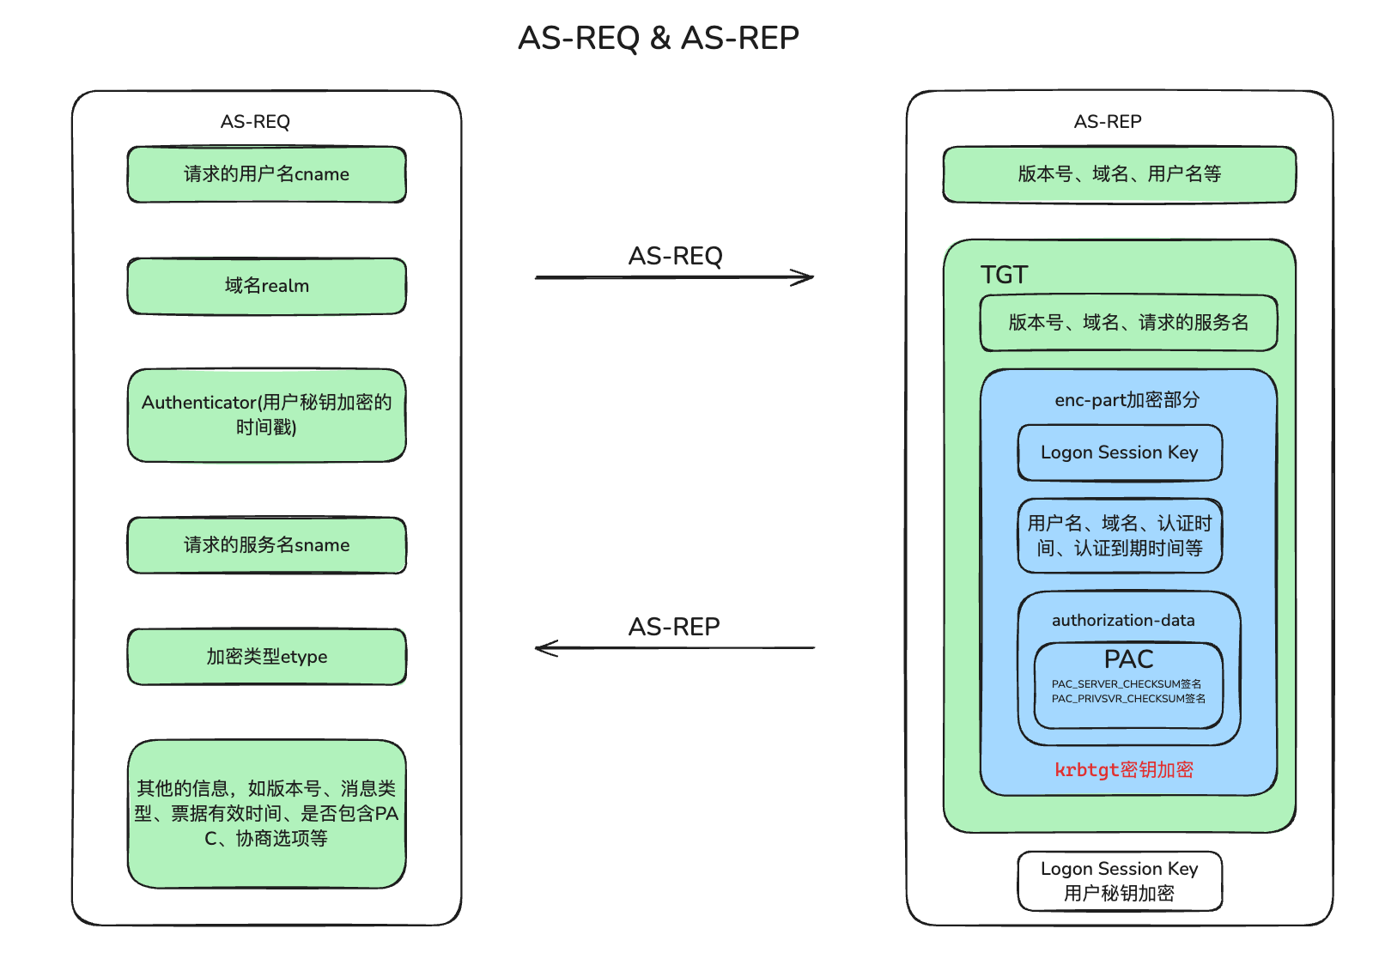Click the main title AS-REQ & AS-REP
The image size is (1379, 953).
pyautogui.click(x=659, y=38)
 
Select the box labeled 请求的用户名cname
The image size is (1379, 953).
pyautogui.click(x=266, y=174)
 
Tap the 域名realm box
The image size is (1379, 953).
pyautogui.click(x=266, y=286)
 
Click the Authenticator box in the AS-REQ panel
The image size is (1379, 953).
pyautogui.click(x=266, y=415)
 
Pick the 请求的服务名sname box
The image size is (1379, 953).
pyautogui.click(x=266, y=545)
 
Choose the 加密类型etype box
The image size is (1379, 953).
pyautogui.click(x=266, y=657)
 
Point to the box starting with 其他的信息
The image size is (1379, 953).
pyautogui.click(x=266, y=813)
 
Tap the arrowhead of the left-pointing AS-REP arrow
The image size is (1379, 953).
pyautogui.click(x=544, y=648)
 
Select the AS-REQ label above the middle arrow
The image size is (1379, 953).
pyautogui.click(x=675, y=256)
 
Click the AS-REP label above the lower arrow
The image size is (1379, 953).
pyautogui.click(x=674, y=627)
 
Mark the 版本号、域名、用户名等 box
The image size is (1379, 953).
pyautogui.click(x=1119, y=174)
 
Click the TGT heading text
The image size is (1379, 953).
pyautogui.click(x=1004, y=275)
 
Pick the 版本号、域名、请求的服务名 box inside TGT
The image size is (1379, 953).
pyautogui.click(x=1128, y=323)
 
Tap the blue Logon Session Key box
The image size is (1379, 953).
pyautogui.click(x=1119, y=452)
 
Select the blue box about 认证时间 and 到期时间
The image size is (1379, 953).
pyautogui.click(x=1119, y=536)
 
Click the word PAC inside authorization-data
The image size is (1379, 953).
pyautogui.click(x=1128, y=659)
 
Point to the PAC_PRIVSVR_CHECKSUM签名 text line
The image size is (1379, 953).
pyautogui.click(x=1128, y=699)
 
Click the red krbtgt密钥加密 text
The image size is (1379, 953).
pyautogui.click(x=1124, y=770)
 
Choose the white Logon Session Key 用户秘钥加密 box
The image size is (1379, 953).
pyautogui.click(x=1119, y=881)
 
